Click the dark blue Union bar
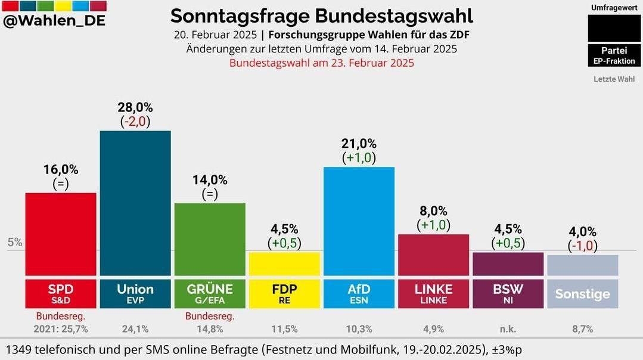pos(135,203)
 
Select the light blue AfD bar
pos(359,221)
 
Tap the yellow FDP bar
pos(284,263)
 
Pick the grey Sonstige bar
pos(582,265)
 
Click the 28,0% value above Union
pos(135,107)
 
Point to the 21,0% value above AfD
pos(359,144)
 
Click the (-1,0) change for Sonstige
pos(582,245)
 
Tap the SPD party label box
pos(61,293)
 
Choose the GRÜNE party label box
pos(210,293)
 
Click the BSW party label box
pos(508,293)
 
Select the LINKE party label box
pos(433,293)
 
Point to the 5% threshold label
pos(15,243)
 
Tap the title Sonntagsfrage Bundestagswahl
pos(322,15)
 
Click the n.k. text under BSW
pos(508,328)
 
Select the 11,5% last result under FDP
pos(284,328)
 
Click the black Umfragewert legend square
pos(613,27)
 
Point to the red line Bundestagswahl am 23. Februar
pos(322,63)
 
